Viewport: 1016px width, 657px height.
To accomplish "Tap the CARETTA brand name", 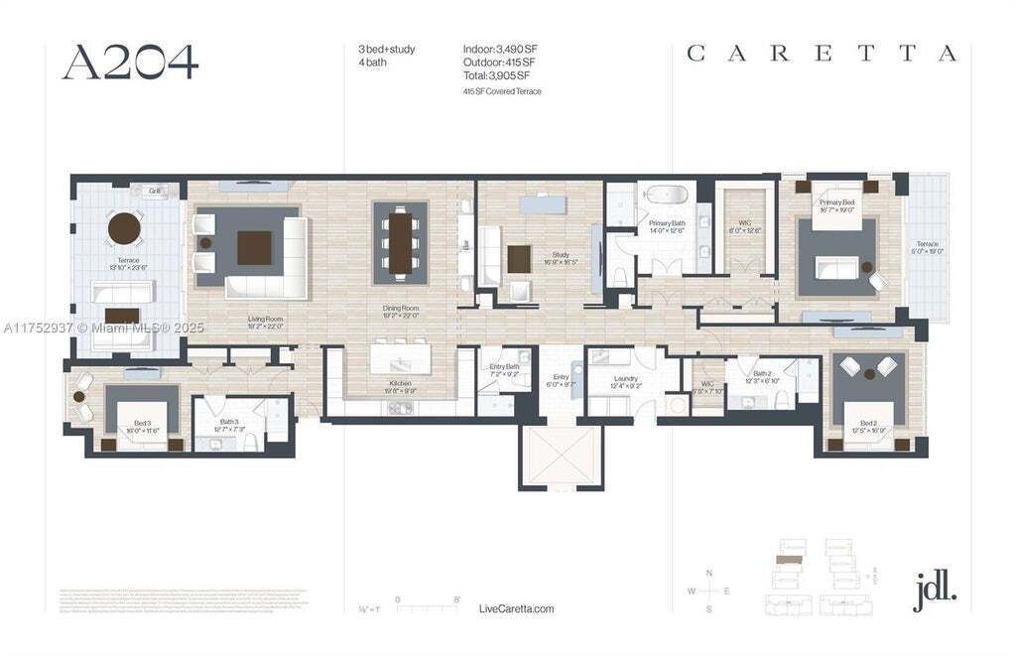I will (x=822, y=54).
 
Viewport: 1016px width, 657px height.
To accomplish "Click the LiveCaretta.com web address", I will (x=516, y=608).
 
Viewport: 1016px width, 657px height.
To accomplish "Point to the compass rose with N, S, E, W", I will (x=708, y=591).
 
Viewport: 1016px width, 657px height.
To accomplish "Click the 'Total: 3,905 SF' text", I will (x=496, y=75).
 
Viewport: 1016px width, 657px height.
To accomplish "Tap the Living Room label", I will (x=266, y=320).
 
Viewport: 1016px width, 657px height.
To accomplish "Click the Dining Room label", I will (x=401, y=309).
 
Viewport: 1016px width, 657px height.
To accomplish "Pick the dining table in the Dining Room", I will (x=401, y=242).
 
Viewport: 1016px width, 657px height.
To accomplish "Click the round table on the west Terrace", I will (x=125, y=228).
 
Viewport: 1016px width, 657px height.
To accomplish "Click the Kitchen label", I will (x=400, y=383).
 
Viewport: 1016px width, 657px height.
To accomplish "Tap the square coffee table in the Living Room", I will (x=254, y=247).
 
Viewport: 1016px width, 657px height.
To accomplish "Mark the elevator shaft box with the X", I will (x=562, y=456).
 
